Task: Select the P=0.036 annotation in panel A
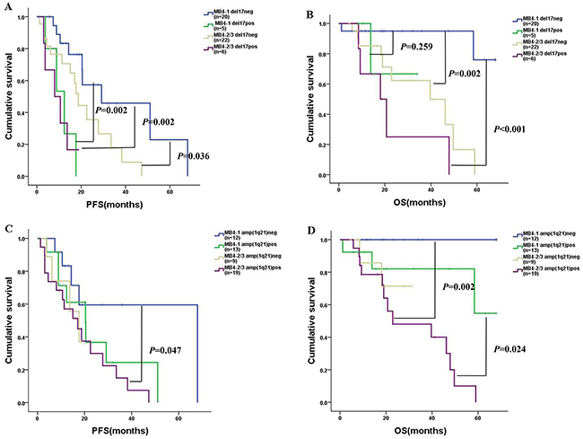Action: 197,156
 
